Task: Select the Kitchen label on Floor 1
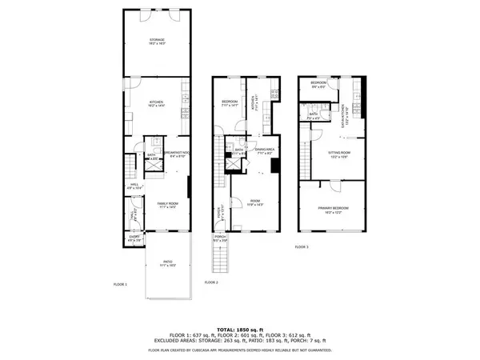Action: [155, 102]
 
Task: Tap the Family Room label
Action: [167, 206]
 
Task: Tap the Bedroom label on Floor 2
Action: [230, 103]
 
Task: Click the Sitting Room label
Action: [340, 155]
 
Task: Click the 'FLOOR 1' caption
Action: [119, 283]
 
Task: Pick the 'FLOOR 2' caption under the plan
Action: [212, 282]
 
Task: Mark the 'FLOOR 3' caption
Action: [302, 247]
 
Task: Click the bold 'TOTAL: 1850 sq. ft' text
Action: [240, 330]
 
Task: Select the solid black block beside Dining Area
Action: [275, 166]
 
